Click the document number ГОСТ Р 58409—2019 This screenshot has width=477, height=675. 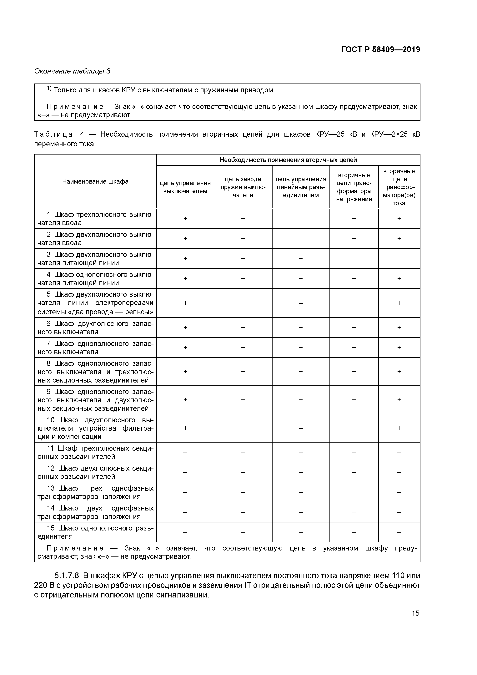[380, 49]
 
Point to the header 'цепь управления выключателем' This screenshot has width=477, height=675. [185, 187]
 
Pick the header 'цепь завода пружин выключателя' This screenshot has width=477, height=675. [243, 187]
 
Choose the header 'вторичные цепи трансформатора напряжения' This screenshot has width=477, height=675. [354, 187]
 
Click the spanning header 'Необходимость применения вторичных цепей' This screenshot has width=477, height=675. [288, 160]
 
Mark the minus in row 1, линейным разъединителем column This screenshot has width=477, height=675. [301, 219]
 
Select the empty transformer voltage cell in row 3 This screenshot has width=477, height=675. [354, 258]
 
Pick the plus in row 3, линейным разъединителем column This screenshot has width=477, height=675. [301, 258]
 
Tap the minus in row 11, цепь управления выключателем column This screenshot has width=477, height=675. [185, 453]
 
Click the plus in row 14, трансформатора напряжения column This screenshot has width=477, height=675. [354, 512]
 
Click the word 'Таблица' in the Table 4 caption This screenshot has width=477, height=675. [53, 135]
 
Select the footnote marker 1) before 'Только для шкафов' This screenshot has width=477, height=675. [49, 89]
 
